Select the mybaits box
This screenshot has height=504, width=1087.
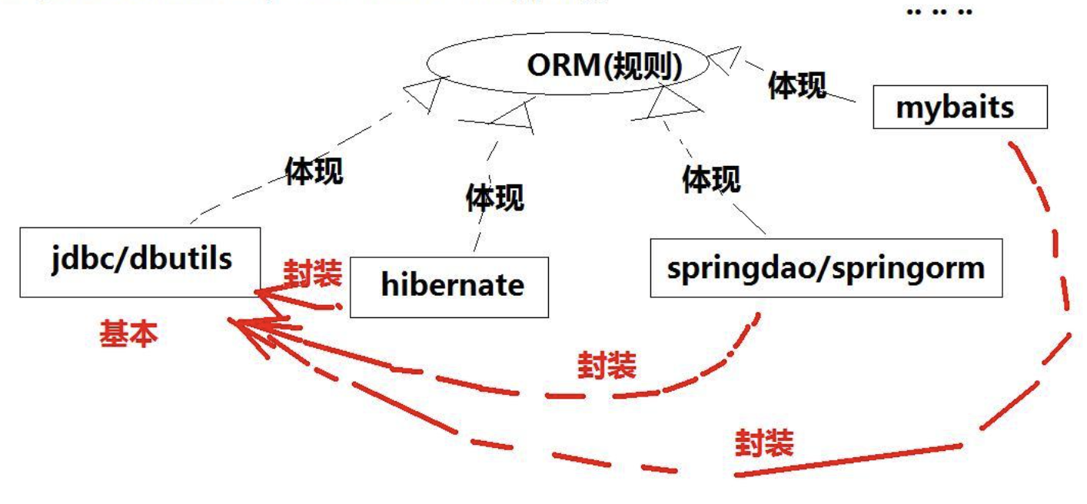[x=959, y=108]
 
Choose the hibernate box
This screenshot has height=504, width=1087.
[x=449, y=286]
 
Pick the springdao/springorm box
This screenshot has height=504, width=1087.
[x=826, y=267]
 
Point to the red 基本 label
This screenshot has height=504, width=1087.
[x=128, y=333]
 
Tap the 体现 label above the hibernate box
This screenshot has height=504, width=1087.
[x=494, y=197]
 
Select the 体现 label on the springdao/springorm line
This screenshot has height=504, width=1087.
[x=711, y=178]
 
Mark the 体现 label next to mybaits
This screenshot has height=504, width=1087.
[x=797, y=85]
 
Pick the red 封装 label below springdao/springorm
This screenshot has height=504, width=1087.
[x=607, y=366]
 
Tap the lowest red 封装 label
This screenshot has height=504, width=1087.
[x=763, y=443]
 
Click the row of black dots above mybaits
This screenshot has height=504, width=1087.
[x=939, y=12]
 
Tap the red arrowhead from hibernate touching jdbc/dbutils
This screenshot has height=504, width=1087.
[x=265, y=294]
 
